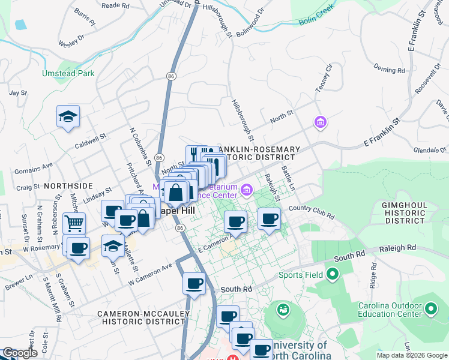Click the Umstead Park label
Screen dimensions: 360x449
(x=68, y=74)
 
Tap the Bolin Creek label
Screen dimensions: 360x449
(x=316, y=23)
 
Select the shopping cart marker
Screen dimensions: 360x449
(x=74, y=223)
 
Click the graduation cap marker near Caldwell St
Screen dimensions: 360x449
(x=68, y=116)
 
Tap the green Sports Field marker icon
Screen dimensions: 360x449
(x=332, y=275)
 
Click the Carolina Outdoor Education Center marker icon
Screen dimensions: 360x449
(x=430, y=309)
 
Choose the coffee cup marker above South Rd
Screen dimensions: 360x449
(x=194, y=283)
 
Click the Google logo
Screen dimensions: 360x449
(x=20, y=353)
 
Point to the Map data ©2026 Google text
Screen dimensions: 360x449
(x=411, y=355)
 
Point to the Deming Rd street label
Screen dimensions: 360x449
(x=389, y=69)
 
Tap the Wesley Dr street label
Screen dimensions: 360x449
(x=71, y=44)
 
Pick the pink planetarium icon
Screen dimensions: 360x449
(x=246, y=191)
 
